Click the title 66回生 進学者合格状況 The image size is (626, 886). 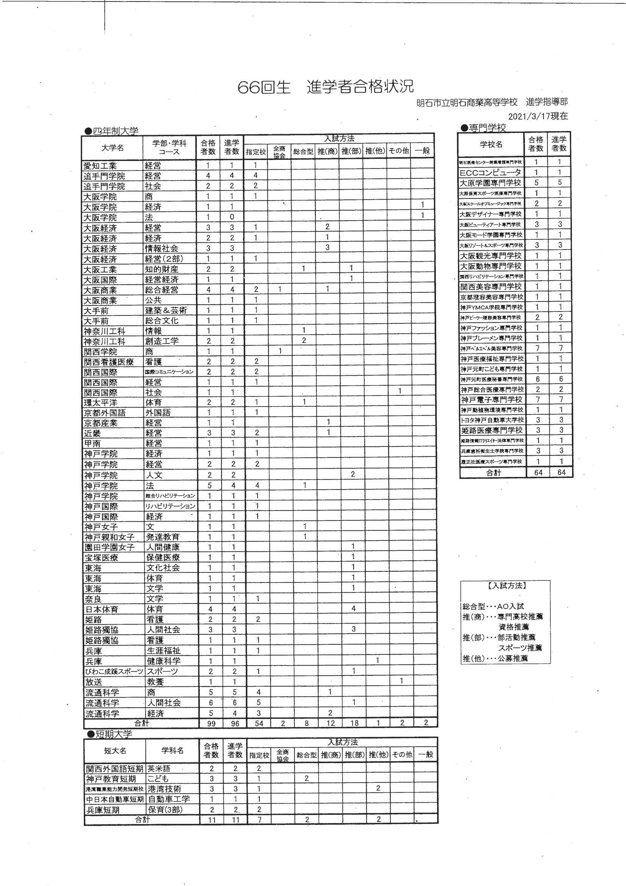coord(326,88)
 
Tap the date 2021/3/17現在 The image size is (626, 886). coord(538,116)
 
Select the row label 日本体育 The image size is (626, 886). coord(101,609)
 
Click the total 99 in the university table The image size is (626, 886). coord(211,723)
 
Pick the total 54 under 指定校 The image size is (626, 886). coord(259,723)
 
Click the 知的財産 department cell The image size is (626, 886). coord(162,269)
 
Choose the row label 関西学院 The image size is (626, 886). coord(100,352)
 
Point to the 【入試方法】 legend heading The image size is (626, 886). coord(505,585)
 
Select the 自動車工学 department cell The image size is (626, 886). coord(169,799)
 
